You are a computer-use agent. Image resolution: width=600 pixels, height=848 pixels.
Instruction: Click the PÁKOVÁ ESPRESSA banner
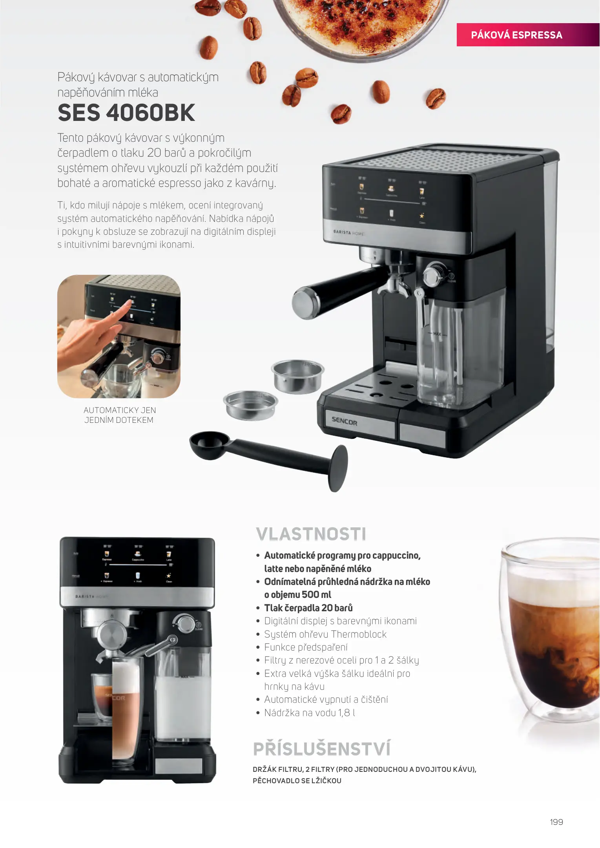point(528,35)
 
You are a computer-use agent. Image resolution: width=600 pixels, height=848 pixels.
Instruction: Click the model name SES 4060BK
point(126,113)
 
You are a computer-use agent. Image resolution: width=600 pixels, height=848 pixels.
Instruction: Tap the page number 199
point(556,822)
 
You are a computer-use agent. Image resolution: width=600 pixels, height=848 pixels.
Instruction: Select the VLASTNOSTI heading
point(311,534)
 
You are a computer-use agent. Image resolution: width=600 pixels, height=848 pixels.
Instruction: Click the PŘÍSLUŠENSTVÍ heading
point(322,748)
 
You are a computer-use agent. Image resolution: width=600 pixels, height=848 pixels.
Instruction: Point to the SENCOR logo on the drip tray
point(344,421)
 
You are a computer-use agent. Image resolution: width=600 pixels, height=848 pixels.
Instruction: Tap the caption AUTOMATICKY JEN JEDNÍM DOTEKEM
point(119,415)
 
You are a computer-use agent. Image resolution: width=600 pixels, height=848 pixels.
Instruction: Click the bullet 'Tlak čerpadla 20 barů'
point(308,608)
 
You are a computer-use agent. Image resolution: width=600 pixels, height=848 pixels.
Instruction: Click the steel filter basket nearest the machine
point(298,375)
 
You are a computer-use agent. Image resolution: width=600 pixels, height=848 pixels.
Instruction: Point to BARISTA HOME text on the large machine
point(348,233)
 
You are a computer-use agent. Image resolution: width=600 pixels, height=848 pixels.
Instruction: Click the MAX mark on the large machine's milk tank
point(437,334)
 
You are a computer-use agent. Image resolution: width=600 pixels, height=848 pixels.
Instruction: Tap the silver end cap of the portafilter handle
point(305,302)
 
